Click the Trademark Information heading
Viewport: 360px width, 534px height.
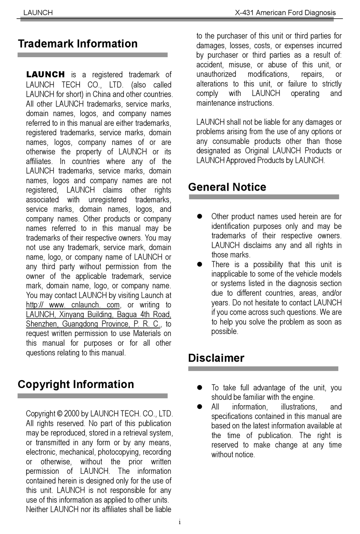coord(78,44)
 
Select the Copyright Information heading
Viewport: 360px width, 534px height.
coord(76,384)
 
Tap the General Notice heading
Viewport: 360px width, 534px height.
coord(227,187)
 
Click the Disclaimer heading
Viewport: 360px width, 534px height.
coord(216,358)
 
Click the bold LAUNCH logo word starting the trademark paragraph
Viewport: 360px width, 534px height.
coord(45,75)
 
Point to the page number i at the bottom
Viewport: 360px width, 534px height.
coord(180,522)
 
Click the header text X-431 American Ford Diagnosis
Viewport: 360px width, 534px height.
coord(285,13)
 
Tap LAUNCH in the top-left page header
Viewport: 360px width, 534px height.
coord(38,13)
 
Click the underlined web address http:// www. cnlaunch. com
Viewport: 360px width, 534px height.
coord(73,305)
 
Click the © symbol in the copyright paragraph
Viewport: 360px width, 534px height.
coord(59,414)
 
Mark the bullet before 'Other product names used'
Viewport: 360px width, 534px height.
coord(200,216)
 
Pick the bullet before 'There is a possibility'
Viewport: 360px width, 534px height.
coord(200,265)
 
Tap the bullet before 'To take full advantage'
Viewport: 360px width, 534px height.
coord(200,388)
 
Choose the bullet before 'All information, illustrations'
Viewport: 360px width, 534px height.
coord(200,407)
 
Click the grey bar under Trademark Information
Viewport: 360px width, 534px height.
coord(92,55)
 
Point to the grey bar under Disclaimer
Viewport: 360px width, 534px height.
coord(263,369)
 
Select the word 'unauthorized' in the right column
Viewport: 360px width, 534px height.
coord(216,74)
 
